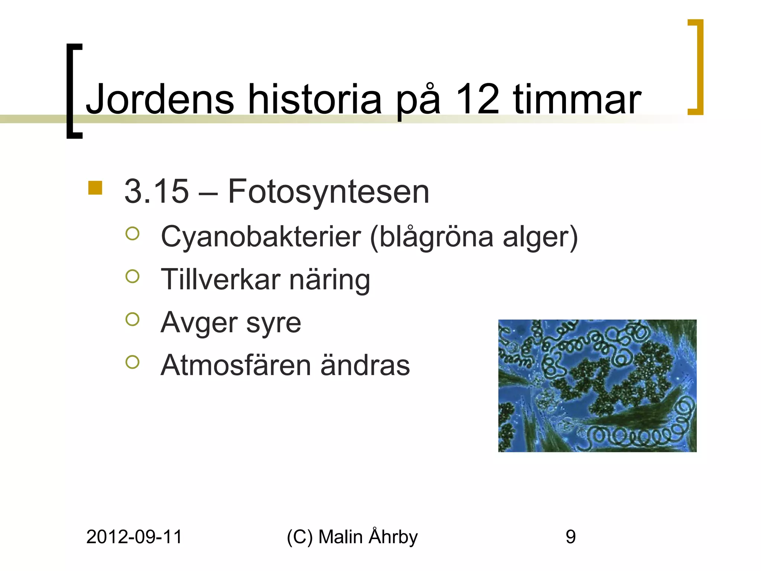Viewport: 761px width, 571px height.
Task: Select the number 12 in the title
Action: click(477, 99)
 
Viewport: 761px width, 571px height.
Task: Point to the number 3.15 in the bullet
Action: click(156, 191)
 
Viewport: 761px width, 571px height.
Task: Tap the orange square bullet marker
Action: click(95, 188)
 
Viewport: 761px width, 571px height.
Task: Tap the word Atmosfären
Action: click(236, 365)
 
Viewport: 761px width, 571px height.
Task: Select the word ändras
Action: click(365, 365)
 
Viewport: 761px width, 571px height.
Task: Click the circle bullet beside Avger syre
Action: click(133, 319)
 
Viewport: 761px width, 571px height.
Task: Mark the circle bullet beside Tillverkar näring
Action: click(133, 276)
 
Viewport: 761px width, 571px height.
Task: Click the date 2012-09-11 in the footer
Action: click(134, 537)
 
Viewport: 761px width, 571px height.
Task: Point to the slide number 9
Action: click(570, 537)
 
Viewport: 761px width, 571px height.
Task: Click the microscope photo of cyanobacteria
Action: click(597, 385)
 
